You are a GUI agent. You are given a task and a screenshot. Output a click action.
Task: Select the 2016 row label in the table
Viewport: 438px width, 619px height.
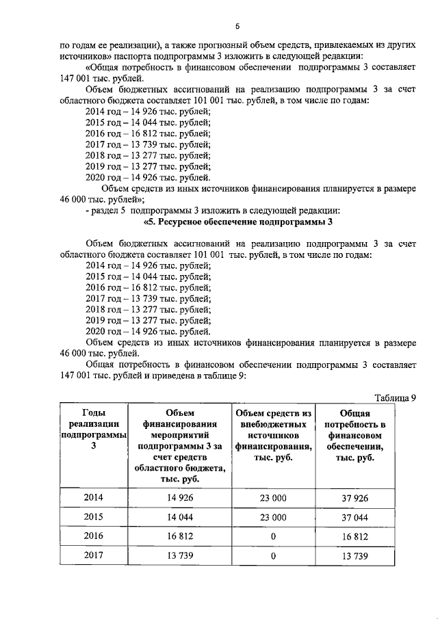pos(94,537)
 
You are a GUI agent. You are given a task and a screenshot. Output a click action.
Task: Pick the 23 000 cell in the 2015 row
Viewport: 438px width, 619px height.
pos(273,517)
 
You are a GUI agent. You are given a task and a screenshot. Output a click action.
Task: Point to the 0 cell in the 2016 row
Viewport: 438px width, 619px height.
pos(273,537)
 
